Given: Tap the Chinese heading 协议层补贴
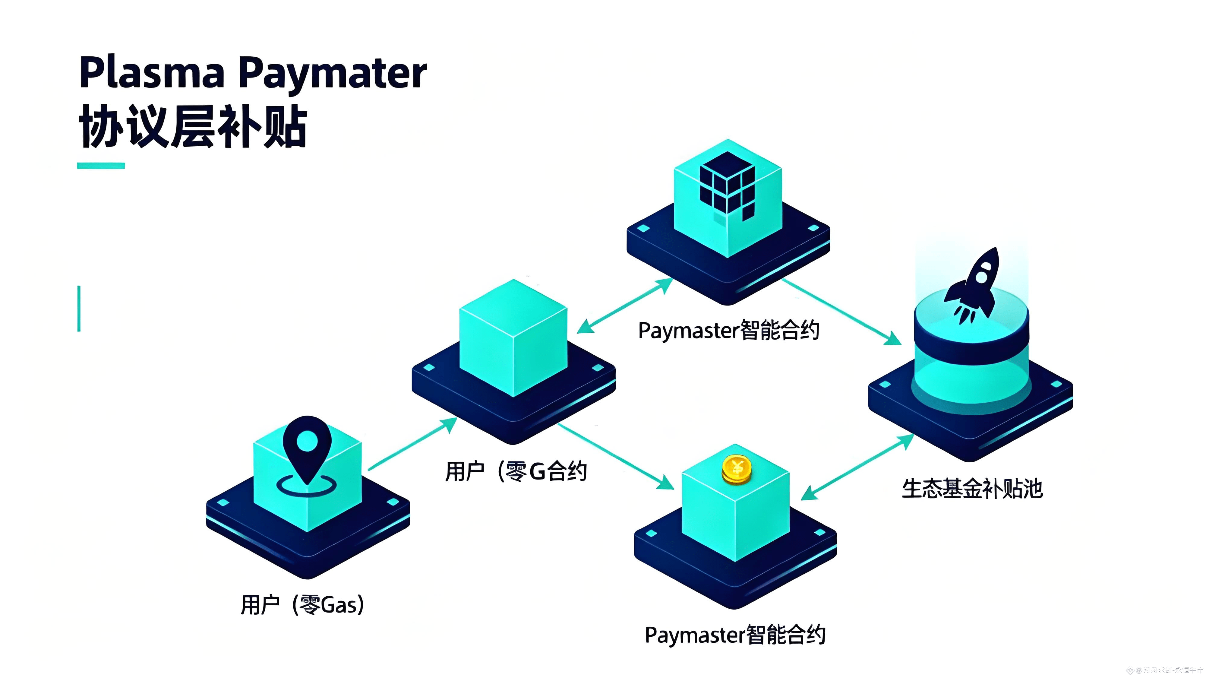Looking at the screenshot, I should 193,126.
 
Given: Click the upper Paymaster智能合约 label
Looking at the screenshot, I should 728,331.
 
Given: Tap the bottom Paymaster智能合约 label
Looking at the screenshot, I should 735,635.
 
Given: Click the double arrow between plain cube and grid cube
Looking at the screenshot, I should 624,306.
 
